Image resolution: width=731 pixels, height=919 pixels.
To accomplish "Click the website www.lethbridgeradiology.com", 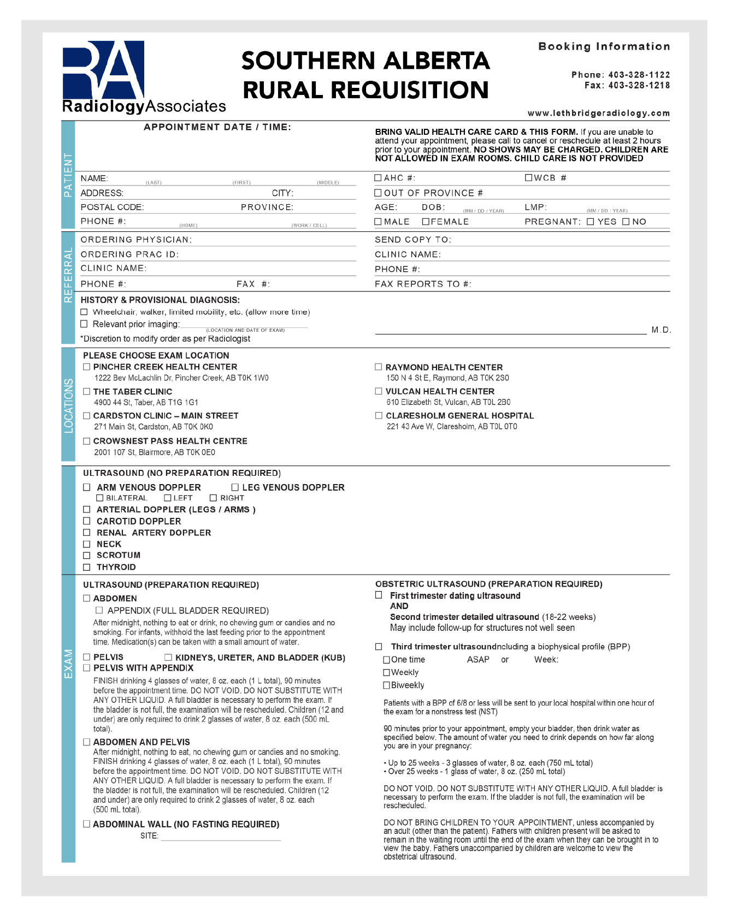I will pos(598,114).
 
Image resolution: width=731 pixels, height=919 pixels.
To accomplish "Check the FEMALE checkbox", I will pos(426,222).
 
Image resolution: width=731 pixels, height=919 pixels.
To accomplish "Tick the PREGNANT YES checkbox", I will pos(590,222).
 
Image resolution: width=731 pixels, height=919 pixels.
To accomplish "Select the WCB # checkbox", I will pos(528,178).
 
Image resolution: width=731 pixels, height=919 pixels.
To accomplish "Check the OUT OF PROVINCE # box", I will pos(378,193).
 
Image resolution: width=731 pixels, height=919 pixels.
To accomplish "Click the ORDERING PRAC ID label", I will pos(129,254).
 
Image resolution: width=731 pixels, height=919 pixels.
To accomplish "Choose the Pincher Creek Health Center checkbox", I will pos(87,367).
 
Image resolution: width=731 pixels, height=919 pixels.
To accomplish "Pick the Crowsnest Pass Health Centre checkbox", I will pos(87,441).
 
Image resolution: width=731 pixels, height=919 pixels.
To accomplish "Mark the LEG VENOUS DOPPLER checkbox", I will pos(235,487).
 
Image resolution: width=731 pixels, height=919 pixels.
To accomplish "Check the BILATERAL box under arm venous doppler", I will pos(99,498).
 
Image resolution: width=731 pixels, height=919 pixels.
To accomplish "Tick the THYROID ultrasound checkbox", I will pos(86,568).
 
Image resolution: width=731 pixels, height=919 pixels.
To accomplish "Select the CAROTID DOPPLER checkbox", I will pos(86,521).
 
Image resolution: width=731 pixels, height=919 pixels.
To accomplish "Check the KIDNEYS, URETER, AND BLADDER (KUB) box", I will pos(168,658).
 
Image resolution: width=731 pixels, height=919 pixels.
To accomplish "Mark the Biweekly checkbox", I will pos(387,685).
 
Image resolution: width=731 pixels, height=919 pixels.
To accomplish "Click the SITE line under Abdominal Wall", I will pos(220,837).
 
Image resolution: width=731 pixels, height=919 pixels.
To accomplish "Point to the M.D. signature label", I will pos(661,330).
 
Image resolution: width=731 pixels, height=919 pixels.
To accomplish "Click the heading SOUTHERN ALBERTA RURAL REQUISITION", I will pos(365,75).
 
